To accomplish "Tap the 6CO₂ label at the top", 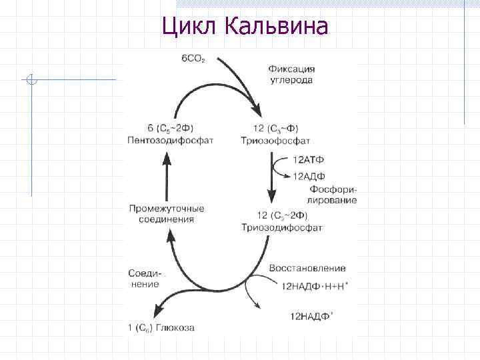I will (x=193, y=59).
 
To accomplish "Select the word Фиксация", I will (x=292, y=69).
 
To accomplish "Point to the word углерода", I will (x=291, y=80).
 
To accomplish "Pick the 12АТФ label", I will (x=309, y=161).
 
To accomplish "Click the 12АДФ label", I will (x=309, y=175).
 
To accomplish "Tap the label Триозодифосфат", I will (x=283, y=227).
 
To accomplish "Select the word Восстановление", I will (x=307, y=268).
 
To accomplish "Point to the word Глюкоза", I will (x=175, y=327).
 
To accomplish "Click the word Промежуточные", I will (x=167, y=208).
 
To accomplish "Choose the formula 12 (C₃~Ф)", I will (x=275, y=129).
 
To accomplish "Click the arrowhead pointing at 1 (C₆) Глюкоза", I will (x=158, y=311).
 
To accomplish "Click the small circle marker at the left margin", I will (x=31, y=81).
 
